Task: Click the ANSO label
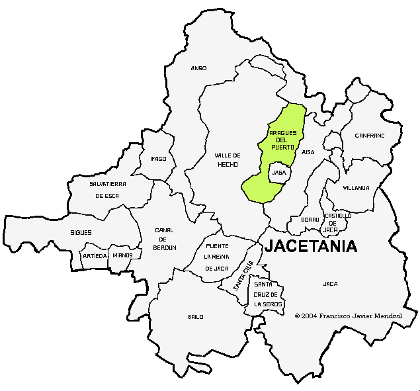click(x=198, y=68)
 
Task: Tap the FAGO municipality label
click(x=159, y=159)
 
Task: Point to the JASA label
click(x=279, y=173)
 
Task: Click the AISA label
click(x=308, y=152)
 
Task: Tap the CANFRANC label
click(x=369, y=135)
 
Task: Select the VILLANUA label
click(x=356, y=188)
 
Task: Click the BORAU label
click(x=310, y=219)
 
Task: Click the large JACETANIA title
click(x=311, y=247)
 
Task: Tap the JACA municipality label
click(x=330, y=284)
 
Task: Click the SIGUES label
click(x=81, y=233)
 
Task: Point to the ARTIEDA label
click(x=95, y=255)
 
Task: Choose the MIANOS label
click(x=122, y=255)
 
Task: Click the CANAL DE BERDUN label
click(x=165, y=239)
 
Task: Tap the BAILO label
click(x=196, y=317)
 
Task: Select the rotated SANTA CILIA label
click(x=243, y=276)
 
